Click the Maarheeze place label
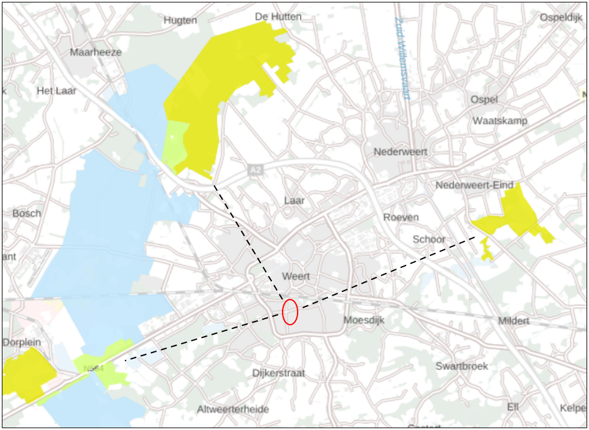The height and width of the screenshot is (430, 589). [95, 52]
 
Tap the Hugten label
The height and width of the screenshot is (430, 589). [180, 20]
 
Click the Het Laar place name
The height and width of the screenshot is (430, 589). [57, 91]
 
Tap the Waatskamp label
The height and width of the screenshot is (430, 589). [499, 120]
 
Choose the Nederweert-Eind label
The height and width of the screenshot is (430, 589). [475, 185]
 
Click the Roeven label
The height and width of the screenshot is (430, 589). [401, 217]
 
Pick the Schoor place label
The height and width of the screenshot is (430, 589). [429, 240]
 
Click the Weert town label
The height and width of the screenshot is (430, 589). [296, 277]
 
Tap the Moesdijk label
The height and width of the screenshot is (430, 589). [363, 320]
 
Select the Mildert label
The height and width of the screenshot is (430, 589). [514, 321]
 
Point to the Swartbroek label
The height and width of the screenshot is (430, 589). [462, 366]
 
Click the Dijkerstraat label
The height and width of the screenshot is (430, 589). [278, 373]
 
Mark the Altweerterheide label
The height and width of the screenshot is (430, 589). [233, 409]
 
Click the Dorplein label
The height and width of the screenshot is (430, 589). [21, 342]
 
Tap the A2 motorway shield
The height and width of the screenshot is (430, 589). [255, 170]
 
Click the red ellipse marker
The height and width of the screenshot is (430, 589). [289, 311]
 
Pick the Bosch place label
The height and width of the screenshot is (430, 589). [26, 213]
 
